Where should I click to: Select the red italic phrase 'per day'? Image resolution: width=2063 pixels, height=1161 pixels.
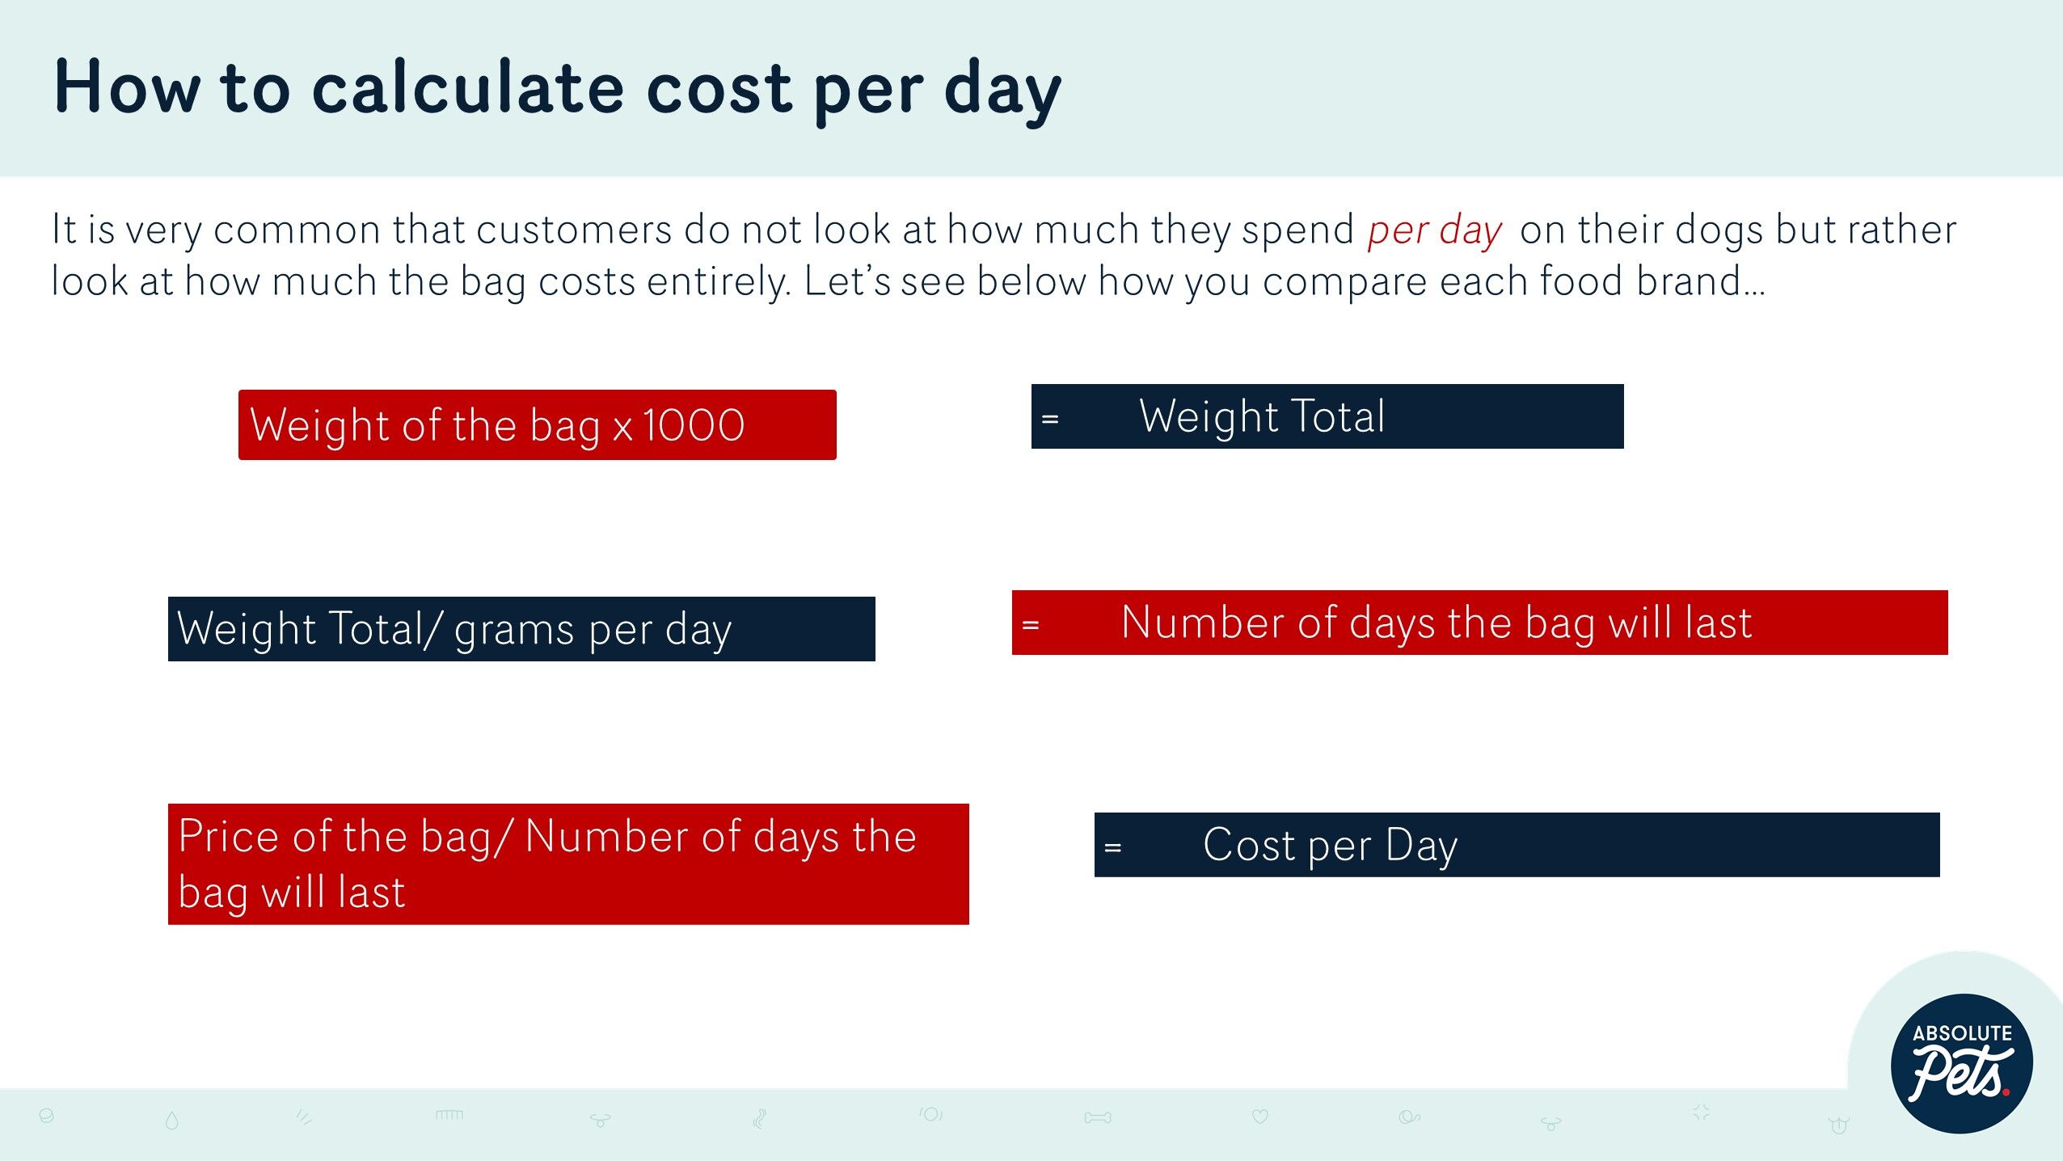coord(1434,230)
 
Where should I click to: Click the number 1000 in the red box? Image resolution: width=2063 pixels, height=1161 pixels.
coord(694,425)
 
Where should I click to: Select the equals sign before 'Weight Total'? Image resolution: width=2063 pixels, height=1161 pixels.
coord(1050,419)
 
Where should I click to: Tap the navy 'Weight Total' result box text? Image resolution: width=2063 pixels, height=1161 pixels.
coord(1262,416)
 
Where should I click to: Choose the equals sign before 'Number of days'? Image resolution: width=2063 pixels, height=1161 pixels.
coord(1031,625)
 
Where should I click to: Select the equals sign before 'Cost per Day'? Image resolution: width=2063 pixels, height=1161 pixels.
coord(1113,847)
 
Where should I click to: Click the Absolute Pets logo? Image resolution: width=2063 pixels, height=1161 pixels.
coord(1962,1062)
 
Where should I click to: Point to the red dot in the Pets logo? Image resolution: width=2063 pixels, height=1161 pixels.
coord(2006,1092)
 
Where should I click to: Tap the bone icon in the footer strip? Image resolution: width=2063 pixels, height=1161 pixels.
coord(1098,1118)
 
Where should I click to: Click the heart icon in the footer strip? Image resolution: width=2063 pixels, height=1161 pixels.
coord(1259,1117)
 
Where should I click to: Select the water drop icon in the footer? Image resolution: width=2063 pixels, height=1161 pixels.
coord(171,1120)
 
